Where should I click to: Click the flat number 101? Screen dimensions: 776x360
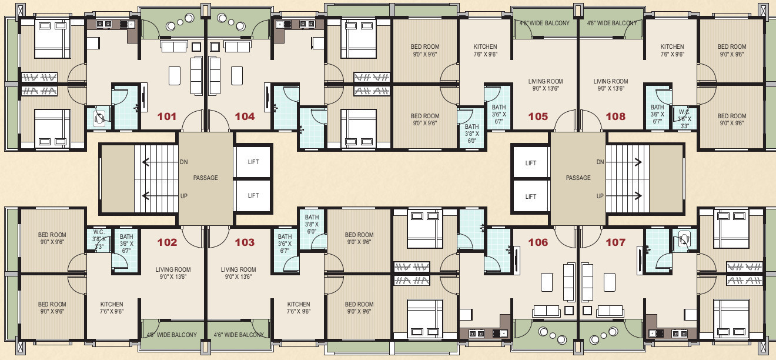(167, 116)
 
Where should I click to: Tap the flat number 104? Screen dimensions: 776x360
(245, 116)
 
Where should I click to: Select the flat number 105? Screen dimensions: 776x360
(538, 116)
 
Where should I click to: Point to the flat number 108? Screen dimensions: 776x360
(616, 116)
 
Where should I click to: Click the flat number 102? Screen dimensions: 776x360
(167, 242)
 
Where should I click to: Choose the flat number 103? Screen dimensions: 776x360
(245, 242)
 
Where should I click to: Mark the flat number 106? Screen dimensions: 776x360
(538, 242)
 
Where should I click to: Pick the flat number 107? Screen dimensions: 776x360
(616, 242)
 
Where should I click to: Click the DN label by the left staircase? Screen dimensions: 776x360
(183, 162)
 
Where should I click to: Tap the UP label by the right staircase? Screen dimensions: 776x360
(600, 196)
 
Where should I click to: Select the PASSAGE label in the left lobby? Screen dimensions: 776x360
(205, 178)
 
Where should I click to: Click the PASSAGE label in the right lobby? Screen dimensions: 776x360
(578, 178)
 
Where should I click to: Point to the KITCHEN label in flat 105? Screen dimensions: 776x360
(486, 46)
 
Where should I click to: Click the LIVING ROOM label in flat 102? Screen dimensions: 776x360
(173, 269)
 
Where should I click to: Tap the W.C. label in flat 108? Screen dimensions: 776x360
(684, 112)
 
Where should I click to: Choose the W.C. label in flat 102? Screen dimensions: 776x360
(99, 232)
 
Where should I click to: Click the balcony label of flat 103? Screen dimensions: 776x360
(239, 335)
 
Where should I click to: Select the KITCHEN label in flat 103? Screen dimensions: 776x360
(298, 304)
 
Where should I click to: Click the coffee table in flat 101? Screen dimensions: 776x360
(175, 76)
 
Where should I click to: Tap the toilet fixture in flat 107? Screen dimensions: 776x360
(684, 239)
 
